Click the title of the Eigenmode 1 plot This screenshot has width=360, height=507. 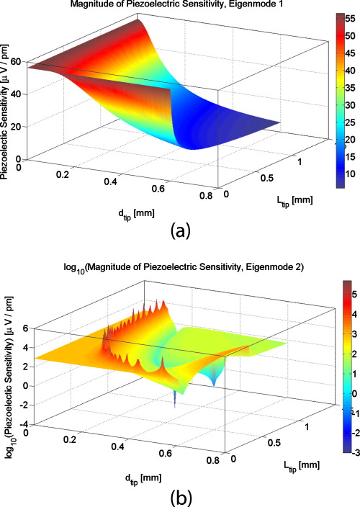[x=176, y=5]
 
